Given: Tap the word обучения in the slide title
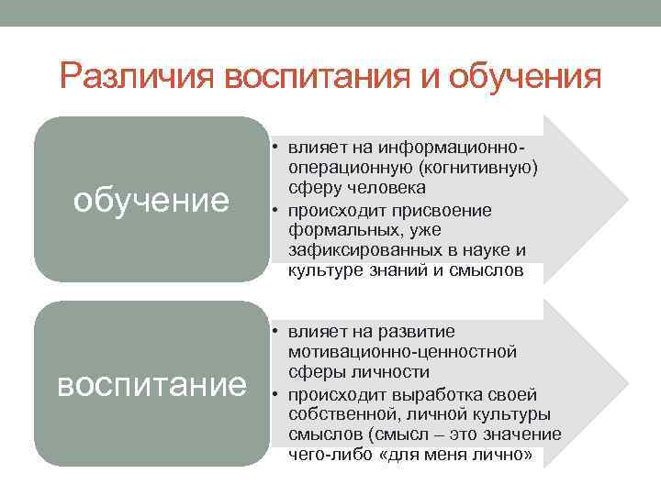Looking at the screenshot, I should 526,75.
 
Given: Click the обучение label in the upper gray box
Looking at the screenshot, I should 151,199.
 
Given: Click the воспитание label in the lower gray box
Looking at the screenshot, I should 151,384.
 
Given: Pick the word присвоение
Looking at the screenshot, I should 453,210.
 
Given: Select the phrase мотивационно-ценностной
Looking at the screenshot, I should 402,351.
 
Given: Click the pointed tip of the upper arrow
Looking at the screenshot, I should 626,199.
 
